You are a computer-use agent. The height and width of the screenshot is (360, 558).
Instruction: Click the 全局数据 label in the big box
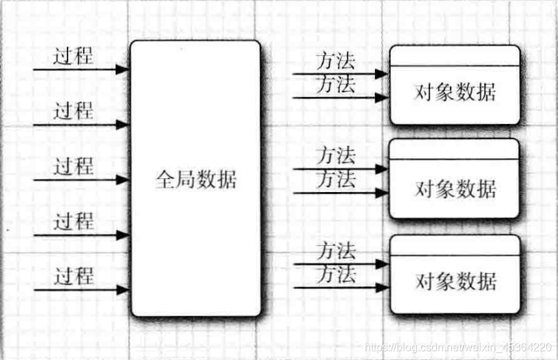(x=195, y=180)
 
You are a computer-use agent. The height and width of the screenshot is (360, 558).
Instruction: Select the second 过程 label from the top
(x=74, y=111)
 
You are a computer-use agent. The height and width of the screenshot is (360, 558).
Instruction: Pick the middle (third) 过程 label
(x=74, y=167)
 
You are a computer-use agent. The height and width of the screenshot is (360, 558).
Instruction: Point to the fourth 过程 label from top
(x=74, y=222)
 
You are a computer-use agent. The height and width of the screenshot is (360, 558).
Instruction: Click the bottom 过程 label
(x=74, y=277)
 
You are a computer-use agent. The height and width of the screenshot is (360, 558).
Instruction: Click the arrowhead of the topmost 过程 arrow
(x=123, y=70)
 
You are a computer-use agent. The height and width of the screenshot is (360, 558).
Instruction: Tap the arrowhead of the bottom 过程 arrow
(x=123, y=290)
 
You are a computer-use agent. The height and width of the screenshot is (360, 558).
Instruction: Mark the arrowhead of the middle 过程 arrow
(x=123, y=180)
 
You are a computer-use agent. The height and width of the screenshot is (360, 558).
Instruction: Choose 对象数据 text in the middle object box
(x=455, y=187)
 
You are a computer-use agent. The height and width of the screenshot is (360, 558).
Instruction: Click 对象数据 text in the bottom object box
(x=455, y=282)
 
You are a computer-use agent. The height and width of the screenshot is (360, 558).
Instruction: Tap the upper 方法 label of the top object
(x=336, y=61)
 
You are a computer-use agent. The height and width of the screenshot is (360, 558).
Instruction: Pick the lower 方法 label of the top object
(x=336, y=85)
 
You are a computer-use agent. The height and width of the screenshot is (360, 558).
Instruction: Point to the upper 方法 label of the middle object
(x=336, y=156)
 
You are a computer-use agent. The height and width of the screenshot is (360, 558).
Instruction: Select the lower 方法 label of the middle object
(x=336, y=180)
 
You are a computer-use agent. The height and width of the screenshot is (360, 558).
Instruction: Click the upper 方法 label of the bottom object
(x=336, y=251)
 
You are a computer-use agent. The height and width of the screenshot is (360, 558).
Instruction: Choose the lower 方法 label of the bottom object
(x=336, y=275)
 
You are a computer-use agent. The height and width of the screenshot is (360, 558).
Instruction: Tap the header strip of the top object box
(x=455, y=56)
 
